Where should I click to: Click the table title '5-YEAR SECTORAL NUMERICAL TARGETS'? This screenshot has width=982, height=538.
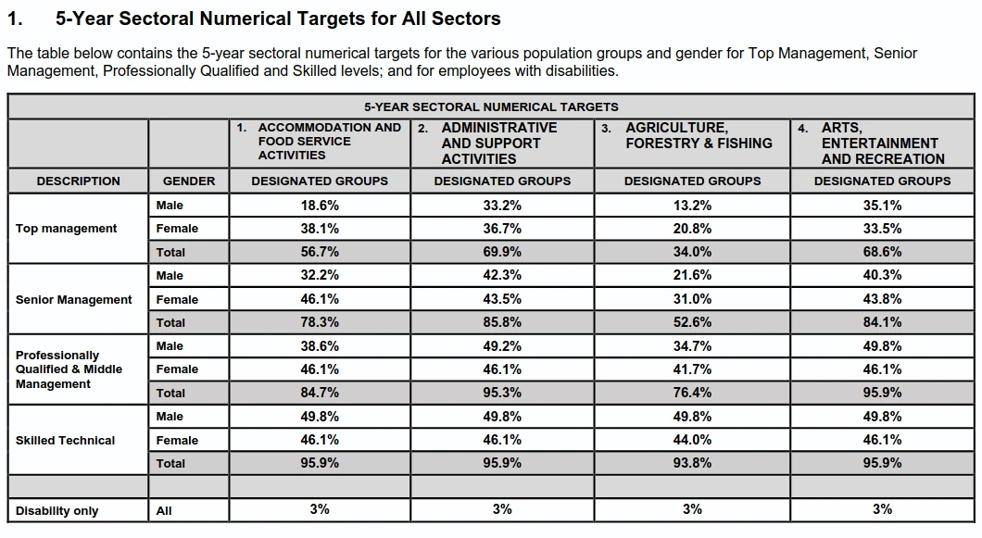pyautogui.click(x=491, y=107)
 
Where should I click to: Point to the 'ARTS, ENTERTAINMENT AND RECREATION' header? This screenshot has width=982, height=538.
pyautogui.click(x=883, y=144)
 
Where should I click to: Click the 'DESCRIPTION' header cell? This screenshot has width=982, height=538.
pyautogui.click(x=79, y=181)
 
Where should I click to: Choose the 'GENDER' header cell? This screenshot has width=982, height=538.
pyautogui.click(x=188, y=181)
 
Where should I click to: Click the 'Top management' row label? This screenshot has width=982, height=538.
pyautogui.click(x=67, y=229)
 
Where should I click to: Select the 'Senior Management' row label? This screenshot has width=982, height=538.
pyautogui.click(x=74, y=299)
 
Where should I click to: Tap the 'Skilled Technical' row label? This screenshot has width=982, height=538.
pyautogui.click(x=65, y=440)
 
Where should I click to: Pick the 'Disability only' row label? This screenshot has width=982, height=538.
pyautogui.click(x=57, y=511)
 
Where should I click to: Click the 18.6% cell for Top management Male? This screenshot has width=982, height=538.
pyautogui.click(x=320, y=205)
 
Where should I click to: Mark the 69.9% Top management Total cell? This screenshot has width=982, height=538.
pyautogui.click(x=502, y=252)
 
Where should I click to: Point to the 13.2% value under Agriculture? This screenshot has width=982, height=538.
pyautogui.click(x=692, y=205)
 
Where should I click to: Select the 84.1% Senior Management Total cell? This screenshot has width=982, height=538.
pyautogui.click(x=883, y=322)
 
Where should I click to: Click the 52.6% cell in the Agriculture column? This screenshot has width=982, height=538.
pyautogui.click(x=692, y=322)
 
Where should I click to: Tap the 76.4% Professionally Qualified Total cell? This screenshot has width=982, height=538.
pyautogui.click(x=692, y=393)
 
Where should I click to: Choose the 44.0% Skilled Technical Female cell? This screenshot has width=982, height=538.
pyautogui.click(x=692, y=440)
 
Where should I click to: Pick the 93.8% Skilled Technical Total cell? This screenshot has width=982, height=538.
pyautogui.click(x=692, y=463)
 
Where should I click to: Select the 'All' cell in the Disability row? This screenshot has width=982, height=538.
pyautogui.click(x=164, y=511)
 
